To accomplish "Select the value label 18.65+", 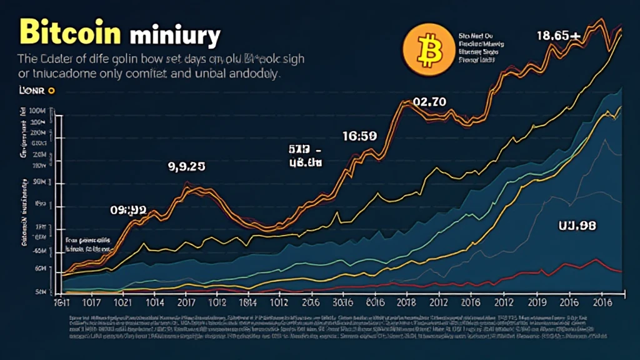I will point(559,36).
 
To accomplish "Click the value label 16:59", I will point(359,136).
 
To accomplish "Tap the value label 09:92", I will point(129,211).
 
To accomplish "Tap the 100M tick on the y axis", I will point(38,111).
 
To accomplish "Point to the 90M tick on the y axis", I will point(38,182).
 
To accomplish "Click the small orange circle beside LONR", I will point(51,91).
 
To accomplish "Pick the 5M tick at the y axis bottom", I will point(41,292).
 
